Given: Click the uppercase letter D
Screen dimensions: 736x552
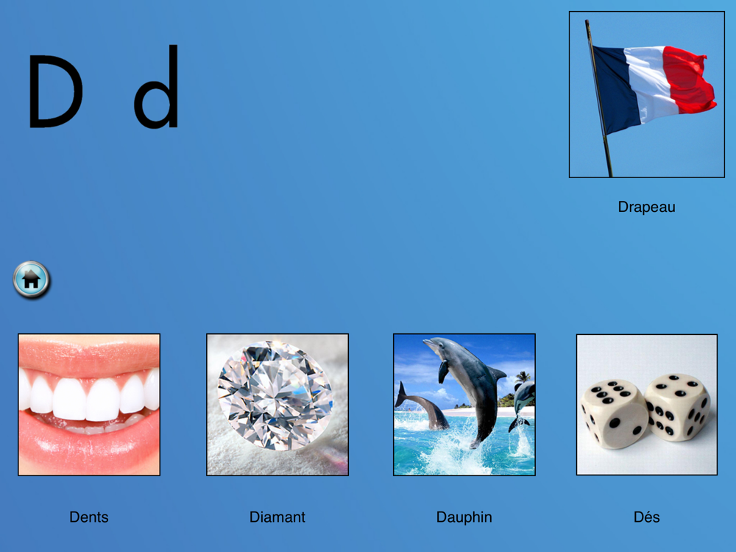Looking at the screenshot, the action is click(55, 91).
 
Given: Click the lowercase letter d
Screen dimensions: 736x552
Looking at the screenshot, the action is click(156, 87).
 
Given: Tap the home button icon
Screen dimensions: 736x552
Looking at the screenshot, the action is click(32, 280).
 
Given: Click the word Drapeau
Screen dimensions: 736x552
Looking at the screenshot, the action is click(646, 207).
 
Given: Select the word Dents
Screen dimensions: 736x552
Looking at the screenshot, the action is click(89, 517).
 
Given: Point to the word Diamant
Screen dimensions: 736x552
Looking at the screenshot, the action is click(277, 517).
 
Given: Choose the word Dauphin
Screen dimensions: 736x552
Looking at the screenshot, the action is click(464, 517).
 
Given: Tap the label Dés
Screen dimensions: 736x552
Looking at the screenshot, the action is click(646, 517).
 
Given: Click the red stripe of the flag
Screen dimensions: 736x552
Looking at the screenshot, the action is click(687, 79).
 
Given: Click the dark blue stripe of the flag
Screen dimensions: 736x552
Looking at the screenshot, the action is click(615, 87).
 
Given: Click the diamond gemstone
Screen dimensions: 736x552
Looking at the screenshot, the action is click(275, 395).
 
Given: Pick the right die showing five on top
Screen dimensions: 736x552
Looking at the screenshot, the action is click(678, 406).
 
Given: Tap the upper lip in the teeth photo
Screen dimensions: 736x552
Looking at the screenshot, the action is click(89, 355).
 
